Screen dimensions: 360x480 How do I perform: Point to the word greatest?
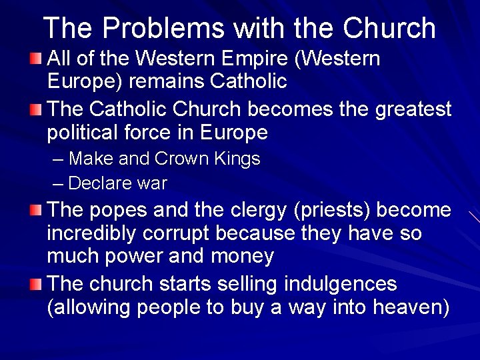413,108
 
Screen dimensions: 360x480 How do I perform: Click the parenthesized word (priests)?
332,210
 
